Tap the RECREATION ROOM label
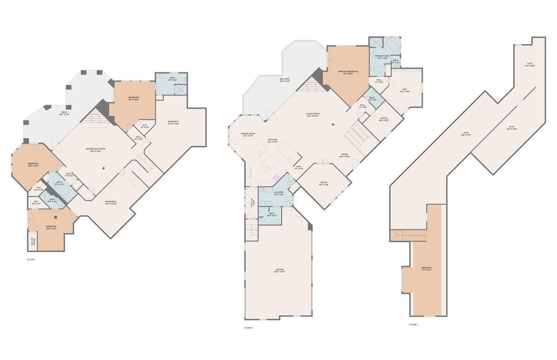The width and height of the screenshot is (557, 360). tap(96, 149)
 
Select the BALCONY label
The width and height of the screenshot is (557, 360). tap(285, 79)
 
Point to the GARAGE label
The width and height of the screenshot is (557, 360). tap(279, 270)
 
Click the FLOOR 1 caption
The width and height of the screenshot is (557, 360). tap(31, 260)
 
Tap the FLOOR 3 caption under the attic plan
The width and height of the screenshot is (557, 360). tap(414, 325)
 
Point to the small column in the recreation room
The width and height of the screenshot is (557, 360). tap(104, 168)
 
